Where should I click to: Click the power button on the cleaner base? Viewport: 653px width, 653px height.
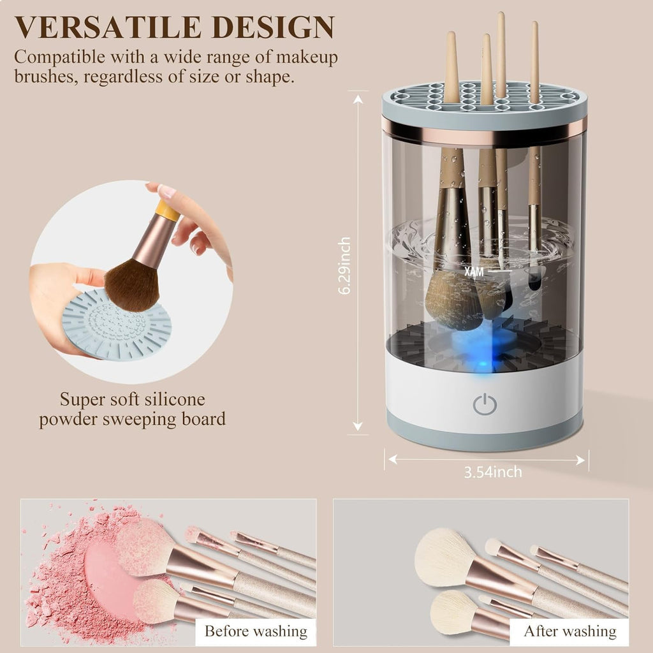[x=485, y=404]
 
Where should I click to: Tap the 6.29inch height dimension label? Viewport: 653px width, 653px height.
[x=345, y=265]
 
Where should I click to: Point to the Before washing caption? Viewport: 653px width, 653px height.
[x=255, y=631]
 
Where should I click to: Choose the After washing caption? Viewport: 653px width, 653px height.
[x=570, y=631]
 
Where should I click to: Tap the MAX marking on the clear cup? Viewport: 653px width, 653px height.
[x=474, y=271]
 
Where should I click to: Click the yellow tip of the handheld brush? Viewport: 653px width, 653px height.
[x=167, y=210]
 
